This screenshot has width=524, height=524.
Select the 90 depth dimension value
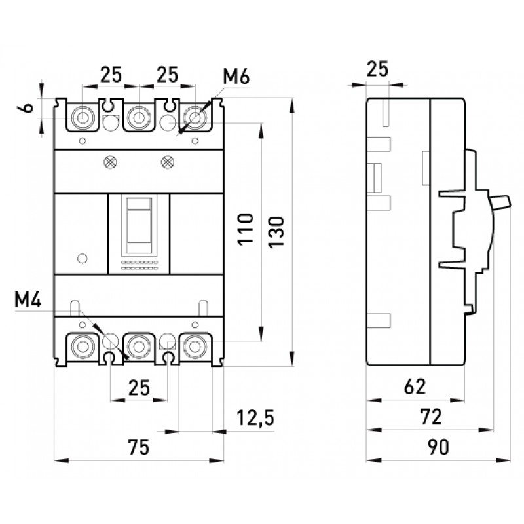(438, 448)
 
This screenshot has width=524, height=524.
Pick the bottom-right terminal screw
(195, 345)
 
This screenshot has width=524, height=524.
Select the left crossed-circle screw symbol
(110, 160)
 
